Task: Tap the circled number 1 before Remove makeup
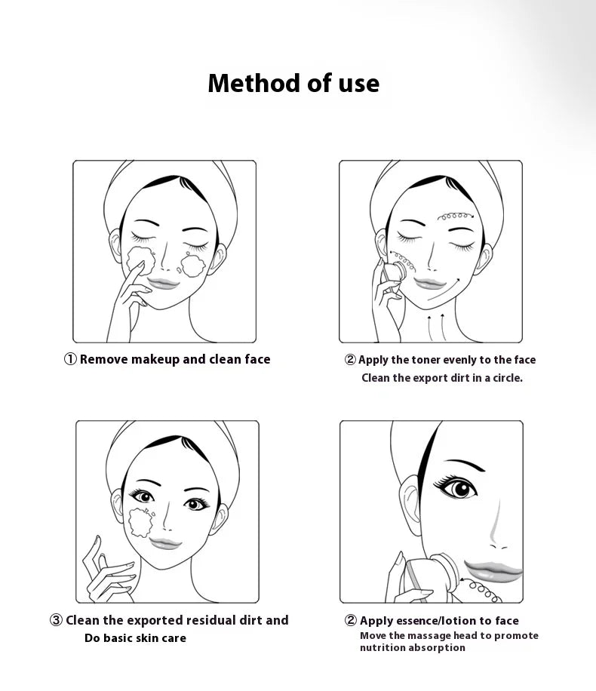click(x=70, y=359)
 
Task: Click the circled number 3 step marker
click(x=56, y=620)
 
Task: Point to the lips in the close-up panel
click(x=493, y=571)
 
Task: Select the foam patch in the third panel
click(x=141, y=522)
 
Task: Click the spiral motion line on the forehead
click(x=456, y=216)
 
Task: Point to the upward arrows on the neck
click(x=435, y=327)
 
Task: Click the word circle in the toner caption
click(x=507, y=378)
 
